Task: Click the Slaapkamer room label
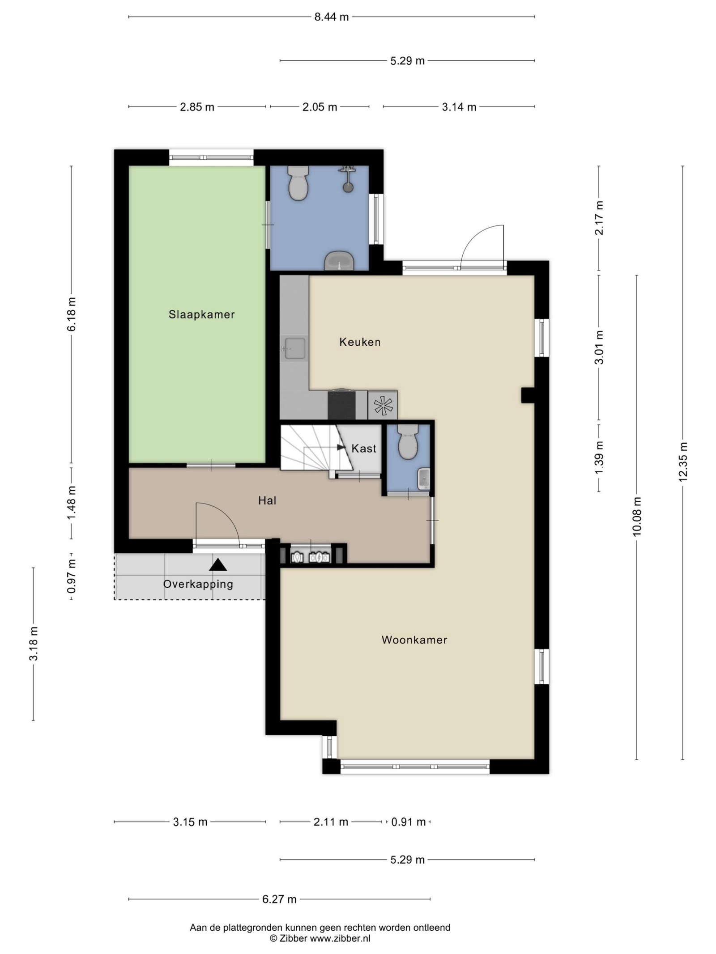(x=201, y=314)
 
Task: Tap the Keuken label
(x=360, y=342)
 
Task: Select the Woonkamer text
(x=414, y=640)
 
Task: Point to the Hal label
(x=267, y=500)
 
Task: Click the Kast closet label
(x=364, y=449)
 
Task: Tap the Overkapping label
(x=198, y=584)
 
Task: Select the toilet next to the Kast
(x=408, y=442)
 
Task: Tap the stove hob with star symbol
(x=383, y=405)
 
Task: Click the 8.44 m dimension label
(x=331, y=17)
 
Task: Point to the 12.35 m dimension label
(x=682, y=462)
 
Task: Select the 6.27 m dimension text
(x=280, y=899)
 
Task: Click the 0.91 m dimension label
(x=409, y=822)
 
